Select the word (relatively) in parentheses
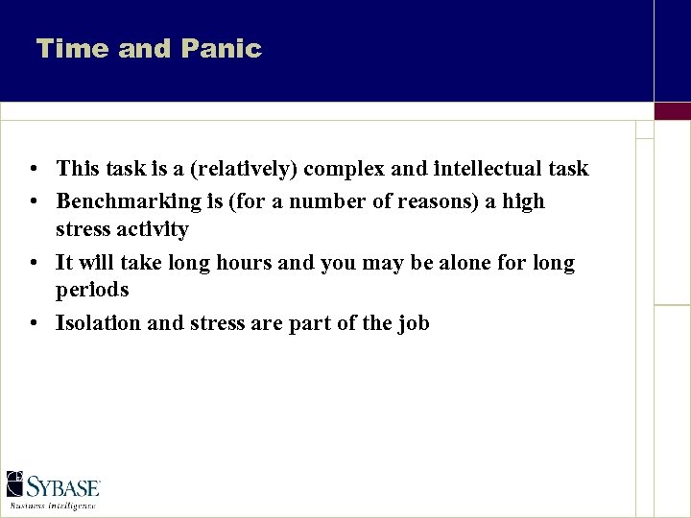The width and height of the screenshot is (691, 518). (245, 170)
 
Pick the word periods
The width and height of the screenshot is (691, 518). (92, 290)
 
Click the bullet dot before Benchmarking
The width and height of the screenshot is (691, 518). (34, 202)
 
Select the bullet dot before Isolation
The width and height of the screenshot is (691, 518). (34, 324)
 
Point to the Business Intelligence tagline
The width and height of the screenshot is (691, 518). (53, 504)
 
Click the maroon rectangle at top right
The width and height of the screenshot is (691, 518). (672, 111)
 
